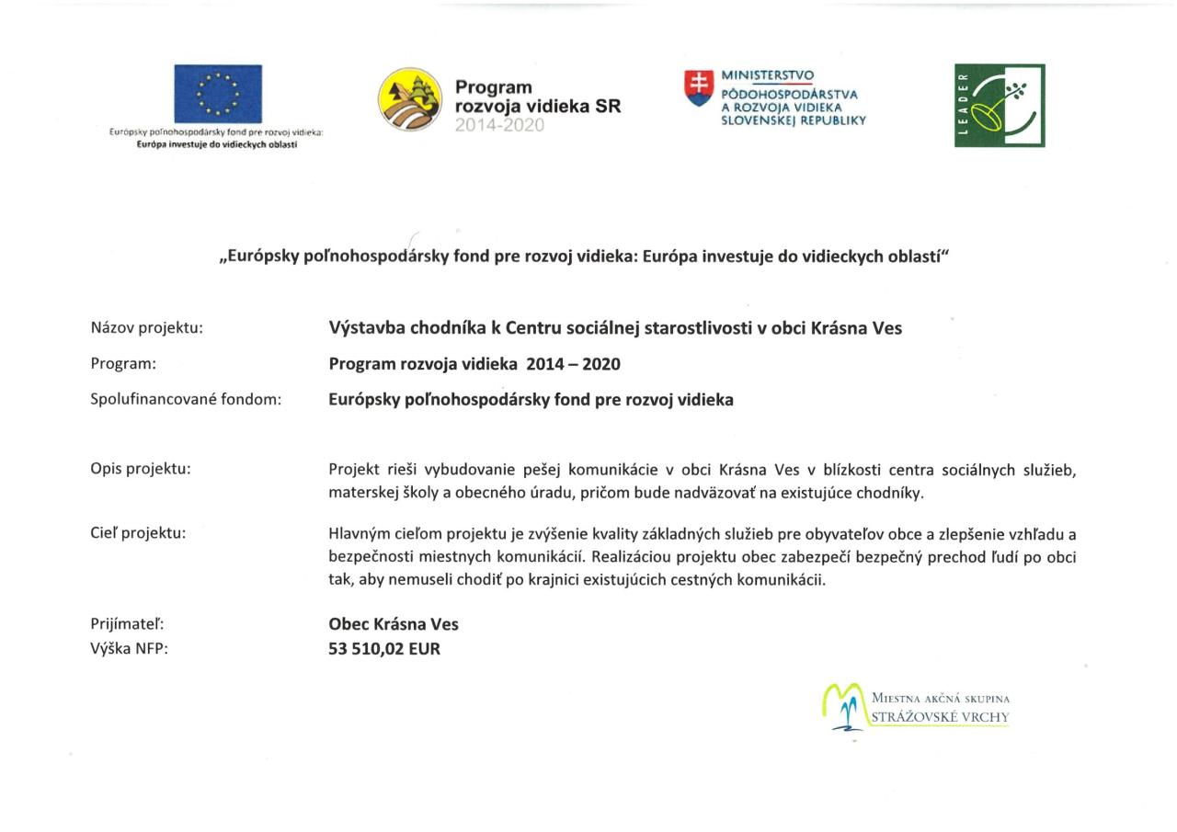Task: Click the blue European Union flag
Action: point(218,93)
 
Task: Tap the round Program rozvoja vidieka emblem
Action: point(410,99)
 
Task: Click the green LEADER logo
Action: point(1000,106)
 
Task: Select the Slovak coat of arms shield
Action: point(699,87)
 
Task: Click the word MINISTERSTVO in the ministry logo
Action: point(767,75)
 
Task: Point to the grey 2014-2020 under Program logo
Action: point(499,125)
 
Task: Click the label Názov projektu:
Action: point(146,327)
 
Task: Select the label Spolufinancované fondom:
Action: point(185,399)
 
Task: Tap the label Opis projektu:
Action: point(141,468)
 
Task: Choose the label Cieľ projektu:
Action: point(138,532)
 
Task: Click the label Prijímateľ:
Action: point(127,624)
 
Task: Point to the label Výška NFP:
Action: point(130,648)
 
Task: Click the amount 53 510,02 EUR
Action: point(384,648)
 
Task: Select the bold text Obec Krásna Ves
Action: point(394,624)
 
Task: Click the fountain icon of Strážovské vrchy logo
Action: point(844,706)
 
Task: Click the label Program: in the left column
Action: point(123,363)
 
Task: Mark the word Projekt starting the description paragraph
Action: point(353,469)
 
